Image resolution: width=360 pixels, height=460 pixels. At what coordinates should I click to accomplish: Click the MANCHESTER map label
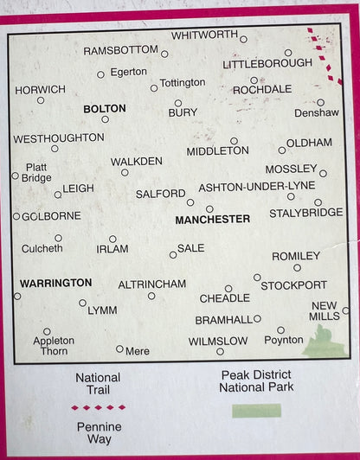212,220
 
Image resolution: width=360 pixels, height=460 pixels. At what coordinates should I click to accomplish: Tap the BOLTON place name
104,109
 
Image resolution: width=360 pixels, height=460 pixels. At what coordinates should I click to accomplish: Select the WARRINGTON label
55,283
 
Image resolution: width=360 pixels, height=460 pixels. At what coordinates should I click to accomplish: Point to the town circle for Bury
178,103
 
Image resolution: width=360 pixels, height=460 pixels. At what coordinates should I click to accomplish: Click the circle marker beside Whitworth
243,39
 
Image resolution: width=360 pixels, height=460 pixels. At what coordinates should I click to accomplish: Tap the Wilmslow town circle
220,351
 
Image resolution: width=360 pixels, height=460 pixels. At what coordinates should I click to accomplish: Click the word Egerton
129,72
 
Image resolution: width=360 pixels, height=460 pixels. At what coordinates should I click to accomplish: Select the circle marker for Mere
119,348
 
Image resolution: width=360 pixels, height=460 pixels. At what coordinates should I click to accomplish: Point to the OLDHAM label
309,142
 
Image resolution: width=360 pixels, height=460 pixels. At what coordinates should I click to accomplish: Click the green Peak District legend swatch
256,410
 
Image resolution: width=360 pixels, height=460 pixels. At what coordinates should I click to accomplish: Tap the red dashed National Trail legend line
98,407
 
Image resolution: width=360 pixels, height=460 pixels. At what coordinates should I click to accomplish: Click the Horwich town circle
41,100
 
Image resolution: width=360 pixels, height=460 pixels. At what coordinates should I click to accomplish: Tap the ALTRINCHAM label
151,284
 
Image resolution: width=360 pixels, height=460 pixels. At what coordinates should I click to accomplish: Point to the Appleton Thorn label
54,346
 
